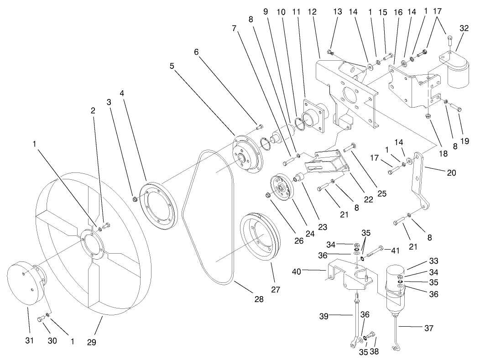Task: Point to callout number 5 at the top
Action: (172, 66)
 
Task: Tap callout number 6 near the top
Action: (196, 52)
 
